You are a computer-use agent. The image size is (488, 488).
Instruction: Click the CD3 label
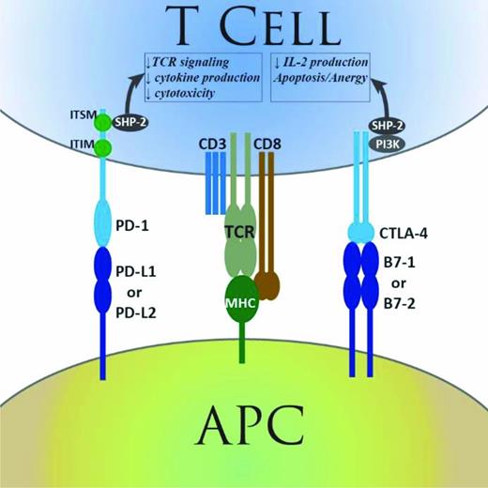tap(213, 145)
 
